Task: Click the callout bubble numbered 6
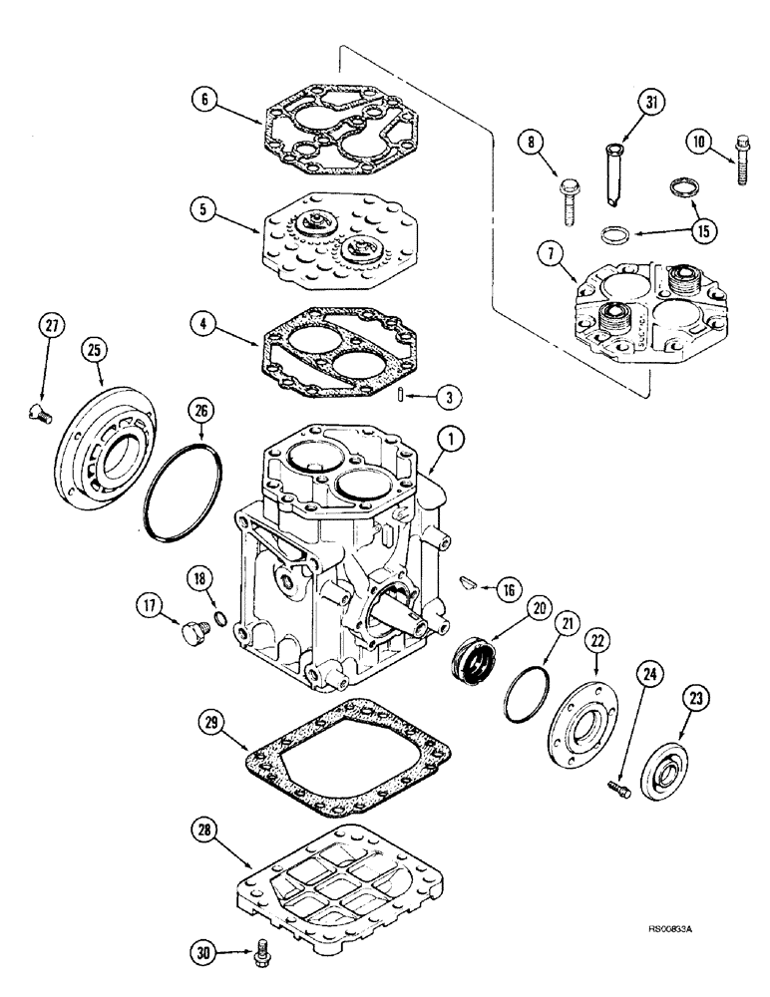(203, 100)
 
